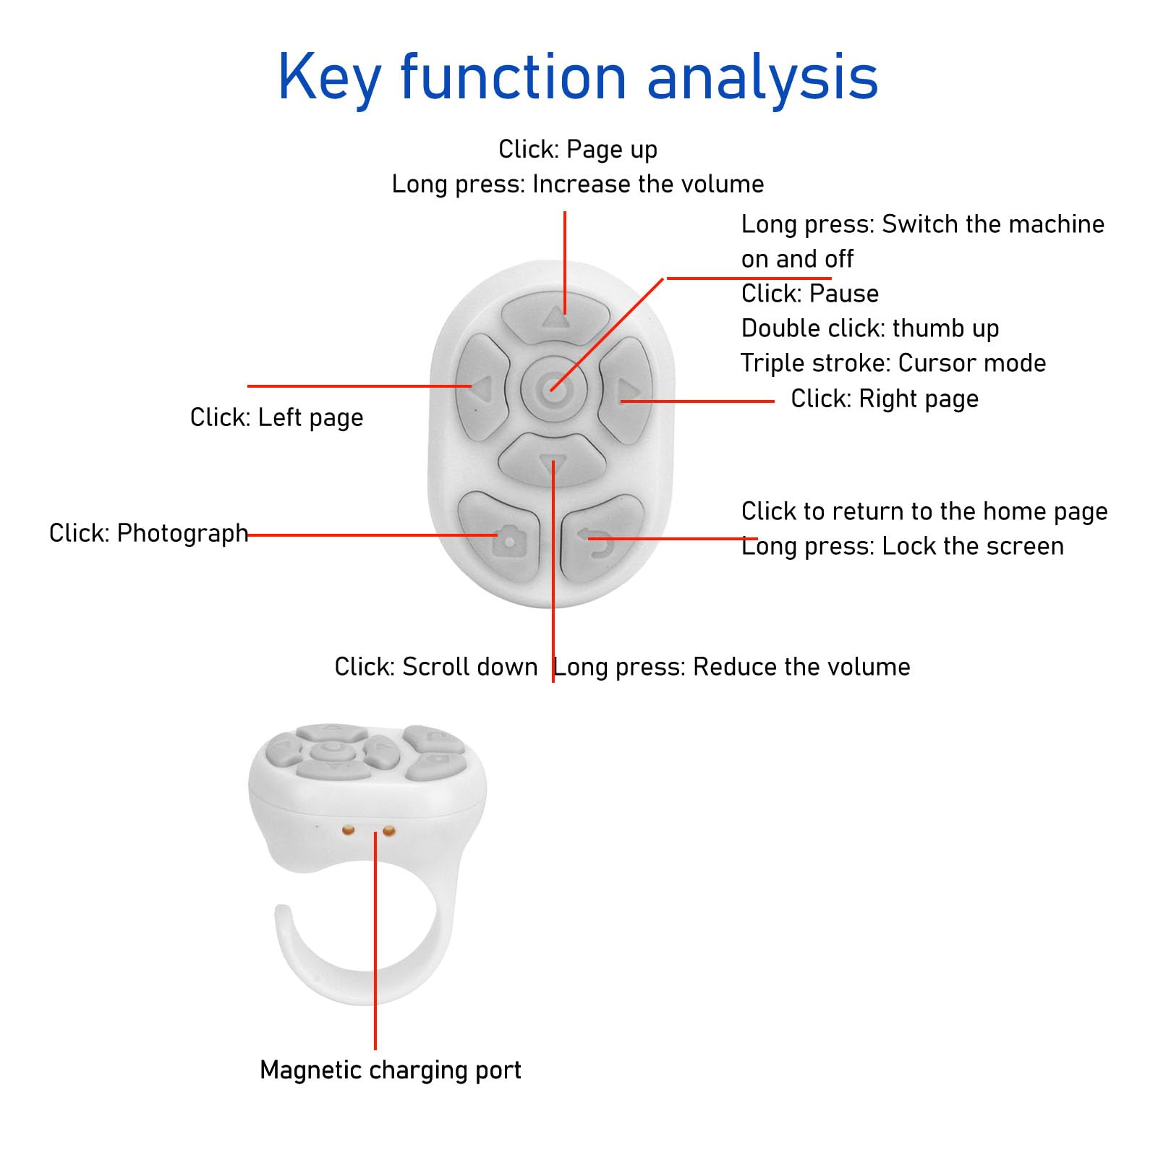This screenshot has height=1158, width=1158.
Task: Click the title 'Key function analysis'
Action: [x=578, y=77]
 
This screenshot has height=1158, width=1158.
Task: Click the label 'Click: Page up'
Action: [x=578, y=150]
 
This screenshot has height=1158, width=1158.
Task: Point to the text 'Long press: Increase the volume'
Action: [x=578, y=184]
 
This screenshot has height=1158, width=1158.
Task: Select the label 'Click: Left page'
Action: [x=276, y=417]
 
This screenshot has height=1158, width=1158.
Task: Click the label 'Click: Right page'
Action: [x=884, y=399]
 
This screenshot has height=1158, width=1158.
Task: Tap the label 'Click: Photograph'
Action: [x=148, y=533]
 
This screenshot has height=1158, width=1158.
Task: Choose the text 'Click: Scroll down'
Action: [x=435, y=666]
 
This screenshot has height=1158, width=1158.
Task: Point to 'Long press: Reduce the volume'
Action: [x=732, y=666]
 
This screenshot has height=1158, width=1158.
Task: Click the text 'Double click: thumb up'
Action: [x=870, y=328]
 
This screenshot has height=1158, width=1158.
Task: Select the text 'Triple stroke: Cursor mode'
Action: [x=893, y=363]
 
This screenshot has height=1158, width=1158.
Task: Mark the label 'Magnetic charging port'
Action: [x=391, y=1070]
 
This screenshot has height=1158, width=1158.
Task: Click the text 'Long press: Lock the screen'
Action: [x=903, y=546]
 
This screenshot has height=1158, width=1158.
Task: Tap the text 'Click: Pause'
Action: [x=810, y=294]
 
